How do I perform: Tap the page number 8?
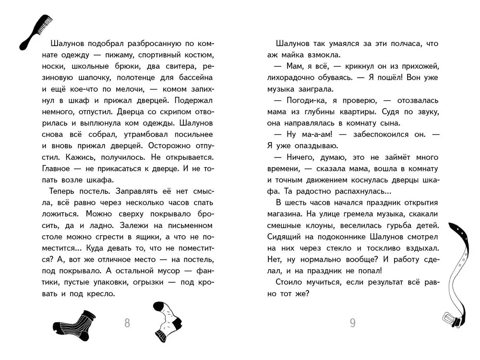coord(127,323)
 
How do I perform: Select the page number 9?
coord(353,323)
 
